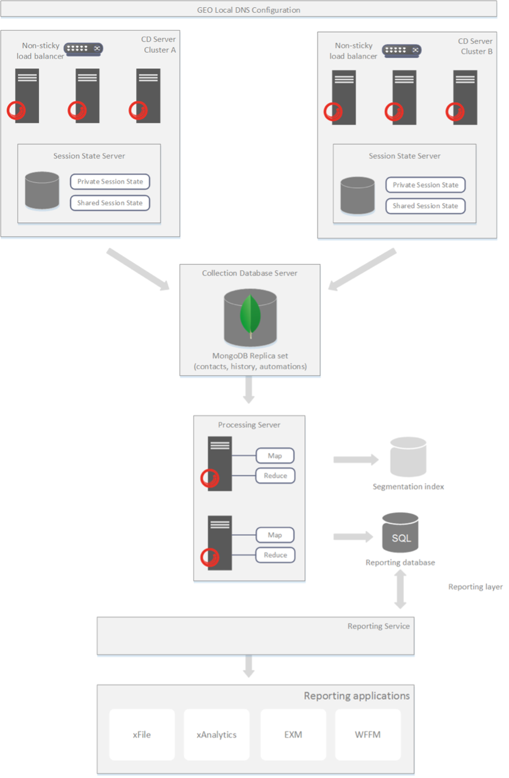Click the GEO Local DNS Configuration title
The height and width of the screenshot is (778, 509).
[249, 10]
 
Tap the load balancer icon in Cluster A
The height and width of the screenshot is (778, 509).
[83, 49]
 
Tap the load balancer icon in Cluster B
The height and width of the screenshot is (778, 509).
[402, 51]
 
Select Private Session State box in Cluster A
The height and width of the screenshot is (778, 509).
[110, 182]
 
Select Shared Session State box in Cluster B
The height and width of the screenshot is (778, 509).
[425, 206]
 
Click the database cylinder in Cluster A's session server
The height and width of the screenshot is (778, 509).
[42, 190]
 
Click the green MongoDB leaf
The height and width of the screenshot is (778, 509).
[250, 316]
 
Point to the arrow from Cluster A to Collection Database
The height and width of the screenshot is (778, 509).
[138, 269]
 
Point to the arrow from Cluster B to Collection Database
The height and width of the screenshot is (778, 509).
[362, 269]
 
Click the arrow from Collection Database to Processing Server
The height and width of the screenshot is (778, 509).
[249, 390]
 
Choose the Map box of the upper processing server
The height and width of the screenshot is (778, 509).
[275, 456]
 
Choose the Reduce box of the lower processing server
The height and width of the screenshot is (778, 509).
[275, 555]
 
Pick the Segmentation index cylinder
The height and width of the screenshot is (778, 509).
[408, 457]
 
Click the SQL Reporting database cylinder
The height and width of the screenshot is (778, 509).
[401, 533]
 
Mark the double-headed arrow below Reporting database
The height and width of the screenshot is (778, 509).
[401, 589]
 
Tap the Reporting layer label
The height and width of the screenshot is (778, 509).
[475, 587]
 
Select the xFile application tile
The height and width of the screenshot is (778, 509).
[142, 735]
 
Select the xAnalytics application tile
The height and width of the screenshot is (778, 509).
[217, 735]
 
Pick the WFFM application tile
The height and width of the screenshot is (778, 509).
[368, 735]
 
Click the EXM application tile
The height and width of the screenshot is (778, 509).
[293, 735]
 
